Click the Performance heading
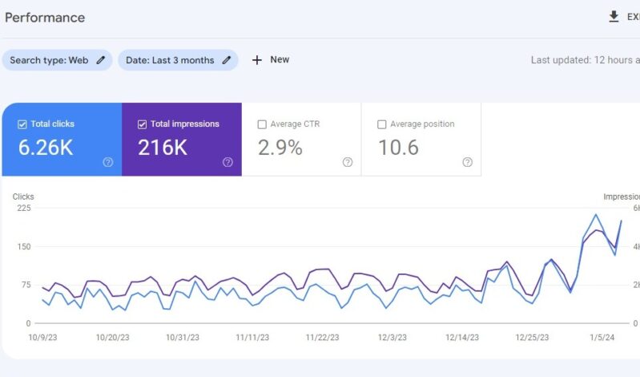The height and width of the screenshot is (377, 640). click(x=45, y=18)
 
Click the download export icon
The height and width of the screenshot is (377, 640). click(x=614, y=17)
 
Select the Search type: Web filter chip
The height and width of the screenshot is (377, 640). click(x=56, y=60)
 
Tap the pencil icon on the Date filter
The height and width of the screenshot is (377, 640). click(x=227, y=60)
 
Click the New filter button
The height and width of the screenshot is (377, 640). click(x=271, y=60)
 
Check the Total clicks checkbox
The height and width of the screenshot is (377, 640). click(x=22, y=124)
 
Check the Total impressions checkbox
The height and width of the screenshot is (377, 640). click(x=142, y=124)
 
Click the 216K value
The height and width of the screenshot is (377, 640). click(x=163, y=148)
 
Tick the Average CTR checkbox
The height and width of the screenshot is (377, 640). click(x=262, y=124)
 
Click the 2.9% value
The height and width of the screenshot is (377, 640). click(x=280, y=148)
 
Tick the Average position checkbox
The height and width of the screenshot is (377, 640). click(x=382, y=124)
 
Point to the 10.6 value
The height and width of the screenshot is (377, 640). click(x=398, y=148)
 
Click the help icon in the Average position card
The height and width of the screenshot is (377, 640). click(x=467, y=162)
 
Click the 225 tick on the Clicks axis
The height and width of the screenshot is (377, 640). click(x=23, y=208)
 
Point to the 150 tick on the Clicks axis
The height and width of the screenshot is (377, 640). click(x=23, y=246)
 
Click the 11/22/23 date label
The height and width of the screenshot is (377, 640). click(x=323, y=338)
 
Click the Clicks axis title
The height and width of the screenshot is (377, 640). click(x=23, y=196)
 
